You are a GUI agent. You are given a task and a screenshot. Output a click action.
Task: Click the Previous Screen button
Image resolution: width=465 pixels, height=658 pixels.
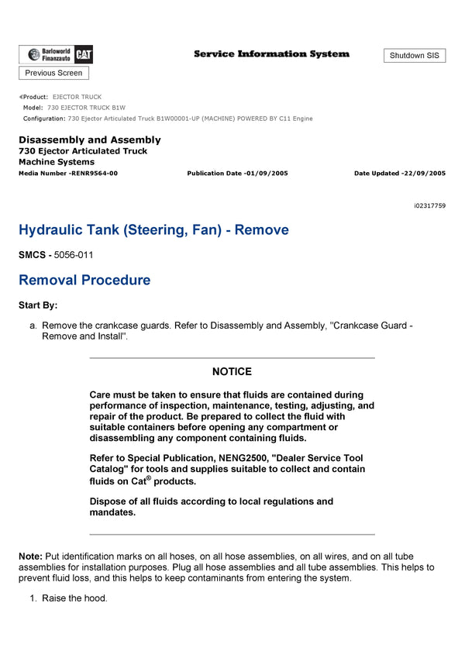pos(53,73)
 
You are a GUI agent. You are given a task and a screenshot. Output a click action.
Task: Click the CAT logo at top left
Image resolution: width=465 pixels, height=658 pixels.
pos(84,54)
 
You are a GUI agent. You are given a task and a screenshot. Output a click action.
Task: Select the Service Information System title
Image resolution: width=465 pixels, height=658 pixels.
pos(271,54)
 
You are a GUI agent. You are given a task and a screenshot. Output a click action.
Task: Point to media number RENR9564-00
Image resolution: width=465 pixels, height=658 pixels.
pos(93,173)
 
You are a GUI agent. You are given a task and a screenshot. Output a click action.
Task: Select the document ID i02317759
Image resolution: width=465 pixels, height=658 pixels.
pos(429,205)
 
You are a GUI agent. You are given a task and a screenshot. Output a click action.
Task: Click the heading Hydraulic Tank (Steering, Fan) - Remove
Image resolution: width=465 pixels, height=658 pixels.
pos(153,230)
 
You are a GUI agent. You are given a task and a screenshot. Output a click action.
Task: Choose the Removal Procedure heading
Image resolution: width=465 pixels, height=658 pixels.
pos(84,280)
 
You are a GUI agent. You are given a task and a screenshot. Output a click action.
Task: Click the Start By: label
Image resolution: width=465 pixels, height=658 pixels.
pos(38,305)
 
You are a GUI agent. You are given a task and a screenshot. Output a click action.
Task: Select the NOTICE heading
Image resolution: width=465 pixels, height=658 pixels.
pos(232,372)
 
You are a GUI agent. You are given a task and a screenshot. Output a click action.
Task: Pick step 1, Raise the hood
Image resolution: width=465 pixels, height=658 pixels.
pos(74,598)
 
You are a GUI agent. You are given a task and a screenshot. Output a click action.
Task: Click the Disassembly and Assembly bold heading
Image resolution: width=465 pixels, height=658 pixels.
pos(90,140)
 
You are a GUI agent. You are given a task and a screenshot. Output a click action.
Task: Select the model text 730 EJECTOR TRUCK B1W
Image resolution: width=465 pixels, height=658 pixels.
pos(86,108)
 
